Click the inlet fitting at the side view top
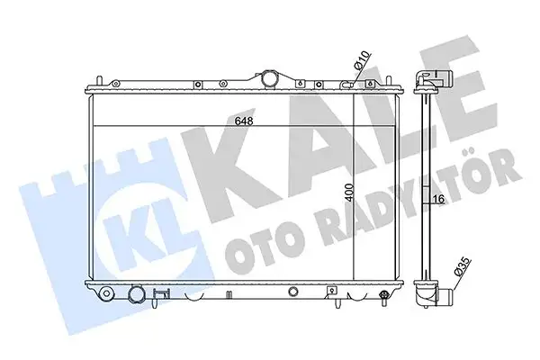click(429, 83)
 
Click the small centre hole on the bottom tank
click(295, 292)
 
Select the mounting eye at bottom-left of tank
click(107, 292)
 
